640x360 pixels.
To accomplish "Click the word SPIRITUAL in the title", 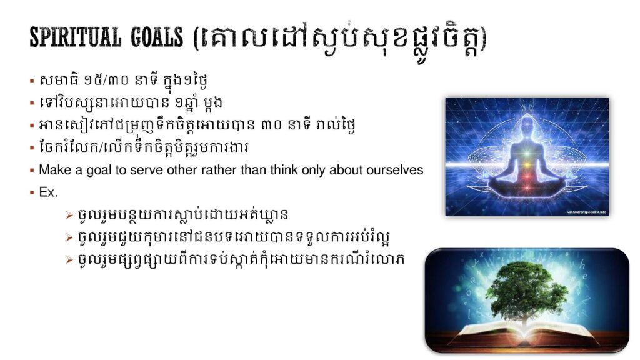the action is tap(76, 37).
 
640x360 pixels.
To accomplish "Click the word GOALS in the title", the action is tap(157, 37).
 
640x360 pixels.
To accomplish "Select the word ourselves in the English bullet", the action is tap(395, 170).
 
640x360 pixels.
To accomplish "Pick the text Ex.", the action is tap(48, 192).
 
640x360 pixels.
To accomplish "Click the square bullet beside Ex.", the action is tap(32, 192).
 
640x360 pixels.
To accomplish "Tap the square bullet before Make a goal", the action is tap(32, 170).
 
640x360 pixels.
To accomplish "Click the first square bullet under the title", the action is tap(32, 81).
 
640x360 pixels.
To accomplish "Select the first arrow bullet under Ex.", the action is tap(69, 215).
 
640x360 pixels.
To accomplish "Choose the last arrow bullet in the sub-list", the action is tap(69, 260).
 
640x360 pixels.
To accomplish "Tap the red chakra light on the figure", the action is tap(526, 177).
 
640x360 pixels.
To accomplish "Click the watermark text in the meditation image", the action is tap(586, 212).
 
